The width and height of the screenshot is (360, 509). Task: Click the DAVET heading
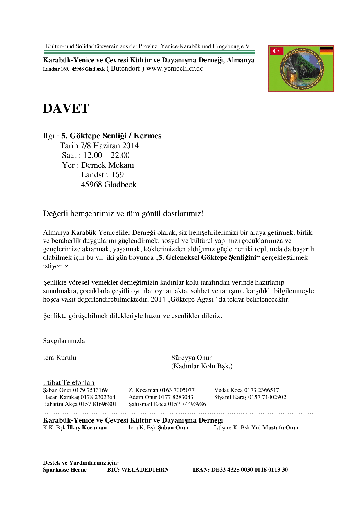point(66,109)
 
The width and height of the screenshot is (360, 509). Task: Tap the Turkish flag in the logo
point(277,51)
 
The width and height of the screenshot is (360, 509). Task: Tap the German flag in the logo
point(326,51)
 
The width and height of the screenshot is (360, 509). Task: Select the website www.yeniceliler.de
point(174,68)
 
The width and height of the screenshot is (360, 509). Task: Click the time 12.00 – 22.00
point(106,155)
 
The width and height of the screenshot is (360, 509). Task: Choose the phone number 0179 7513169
point(90,390)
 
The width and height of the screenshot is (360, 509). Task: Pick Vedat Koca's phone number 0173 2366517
point(261,390)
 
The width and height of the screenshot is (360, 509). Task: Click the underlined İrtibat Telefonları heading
point(69,382)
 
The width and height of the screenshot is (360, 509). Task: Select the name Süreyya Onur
point(191,358)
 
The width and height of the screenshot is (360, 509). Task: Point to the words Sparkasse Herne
point(65,470)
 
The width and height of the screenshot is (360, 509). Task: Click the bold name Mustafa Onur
point(281,427)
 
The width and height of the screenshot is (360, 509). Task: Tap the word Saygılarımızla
point(64,341)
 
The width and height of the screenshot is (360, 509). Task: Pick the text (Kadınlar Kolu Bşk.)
point(202,366)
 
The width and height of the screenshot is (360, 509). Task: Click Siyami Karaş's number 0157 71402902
point(267,397)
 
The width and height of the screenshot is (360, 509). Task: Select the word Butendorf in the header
point(126,68)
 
